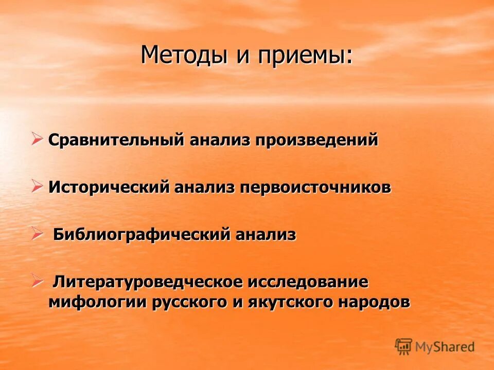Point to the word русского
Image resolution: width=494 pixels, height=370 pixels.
[189, 302]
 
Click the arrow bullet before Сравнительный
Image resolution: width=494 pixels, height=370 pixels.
[37, 138]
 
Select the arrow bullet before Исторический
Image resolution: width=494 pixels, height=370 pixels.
[37, 186]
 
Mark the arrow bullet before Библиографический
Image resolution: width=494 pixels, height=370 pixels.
[37, 234]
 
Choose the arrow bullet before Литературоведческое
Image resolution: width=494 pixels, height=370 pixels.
[37, 281]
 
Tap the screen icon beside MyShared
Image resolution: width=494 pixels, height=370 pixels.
[403, 346]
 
